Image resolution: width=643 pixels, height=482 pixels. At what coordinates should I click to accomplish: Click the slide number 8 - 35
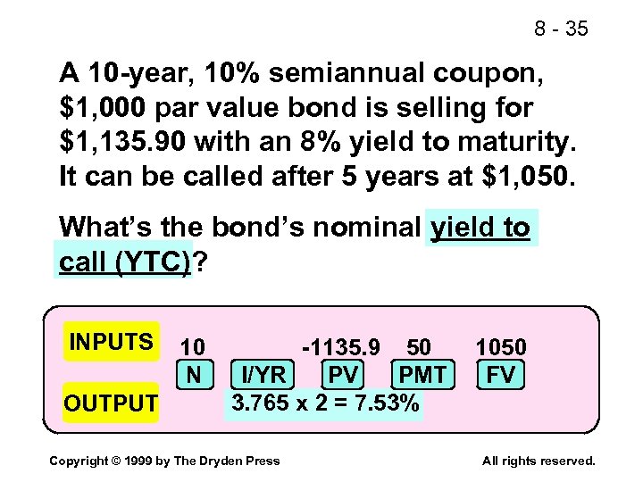(x=562, y=29)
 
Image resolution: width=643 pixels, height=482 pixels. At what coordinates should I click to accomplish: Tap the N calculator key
(x=193, y=374)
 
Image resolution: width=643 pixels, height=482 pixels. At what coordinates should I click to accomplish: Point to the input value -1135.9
(x=340, y=346)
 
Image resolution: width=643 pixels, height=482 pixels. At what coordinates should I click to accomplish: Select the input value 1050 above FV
(x=501, y=346)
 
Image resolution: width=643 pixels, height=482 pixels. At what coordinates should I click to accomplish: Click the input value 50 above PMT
(x=418, y=346)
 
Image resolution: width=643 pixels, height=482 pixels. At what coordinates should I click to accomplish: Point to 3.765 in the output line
(x=262, y=403)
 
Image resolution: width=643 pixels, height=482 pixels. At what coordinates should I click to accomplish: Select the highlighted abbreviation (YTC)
(x=154, y=262)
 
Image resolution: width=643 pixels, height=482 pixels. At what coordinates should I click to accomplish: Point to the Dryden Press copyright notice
(x=164, y=461)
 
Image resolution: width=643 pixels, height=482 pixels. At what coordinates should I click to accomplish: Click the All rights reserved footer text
(x=538, y=461)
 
